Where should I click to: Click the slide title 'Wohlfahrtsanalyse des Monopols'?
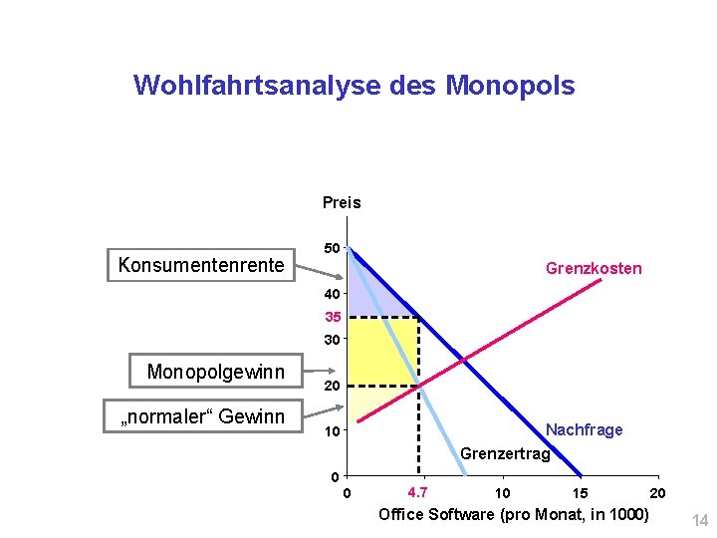point(354,86)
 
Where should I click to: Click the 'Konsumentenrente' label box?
point(200,265)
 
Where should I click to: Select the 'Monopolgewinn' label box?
point(215,372)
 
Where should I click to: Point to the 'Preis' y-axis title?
point(342,203)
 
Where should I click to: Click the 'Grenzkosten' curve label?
point(594,268)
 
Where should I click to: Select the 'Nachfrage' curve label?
point(585,429)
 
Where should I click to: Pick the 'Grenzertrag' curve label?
point(505,454)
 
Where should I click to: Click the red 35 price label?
point(333,317)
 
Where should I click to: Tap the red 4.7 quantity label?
point(418,491)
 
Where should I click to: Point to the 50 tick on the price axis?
point(333,247)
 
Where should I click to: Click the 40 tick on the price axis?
point(333,294)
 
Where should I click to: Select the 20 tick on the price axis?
point(333,386)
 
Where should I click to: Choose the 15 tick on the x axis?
point(580,492)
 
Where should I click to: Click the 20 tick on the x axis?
point(657,492)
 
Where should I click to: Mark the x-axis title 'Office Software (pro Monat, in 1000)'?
point(513,514)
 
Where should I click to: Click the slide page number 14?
point(698,519)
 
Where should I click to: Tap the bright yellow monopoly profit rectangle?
point(383,351)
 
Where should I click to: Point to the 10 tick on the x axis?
point(503,492)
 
